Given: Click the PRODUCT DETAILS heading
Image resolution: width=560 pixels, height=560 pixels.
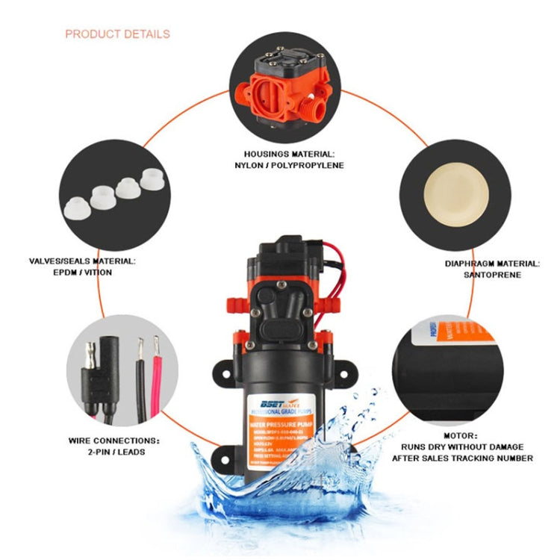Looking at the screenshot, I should pyautogui.click(x=117, y=34).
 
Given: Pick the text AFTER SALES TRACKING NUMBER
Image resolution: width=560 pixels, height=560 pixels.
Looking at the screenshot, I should pyautogui.click(x=463, y=458).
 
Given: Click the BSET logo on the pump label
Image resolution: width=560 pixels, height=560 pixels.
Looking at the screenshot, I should pyautogui.click(x=267, y=400).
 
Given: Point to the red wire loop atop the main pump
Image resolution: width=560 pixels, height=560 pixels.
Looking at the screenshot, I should pyautogui.click(x=337, y=269).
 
